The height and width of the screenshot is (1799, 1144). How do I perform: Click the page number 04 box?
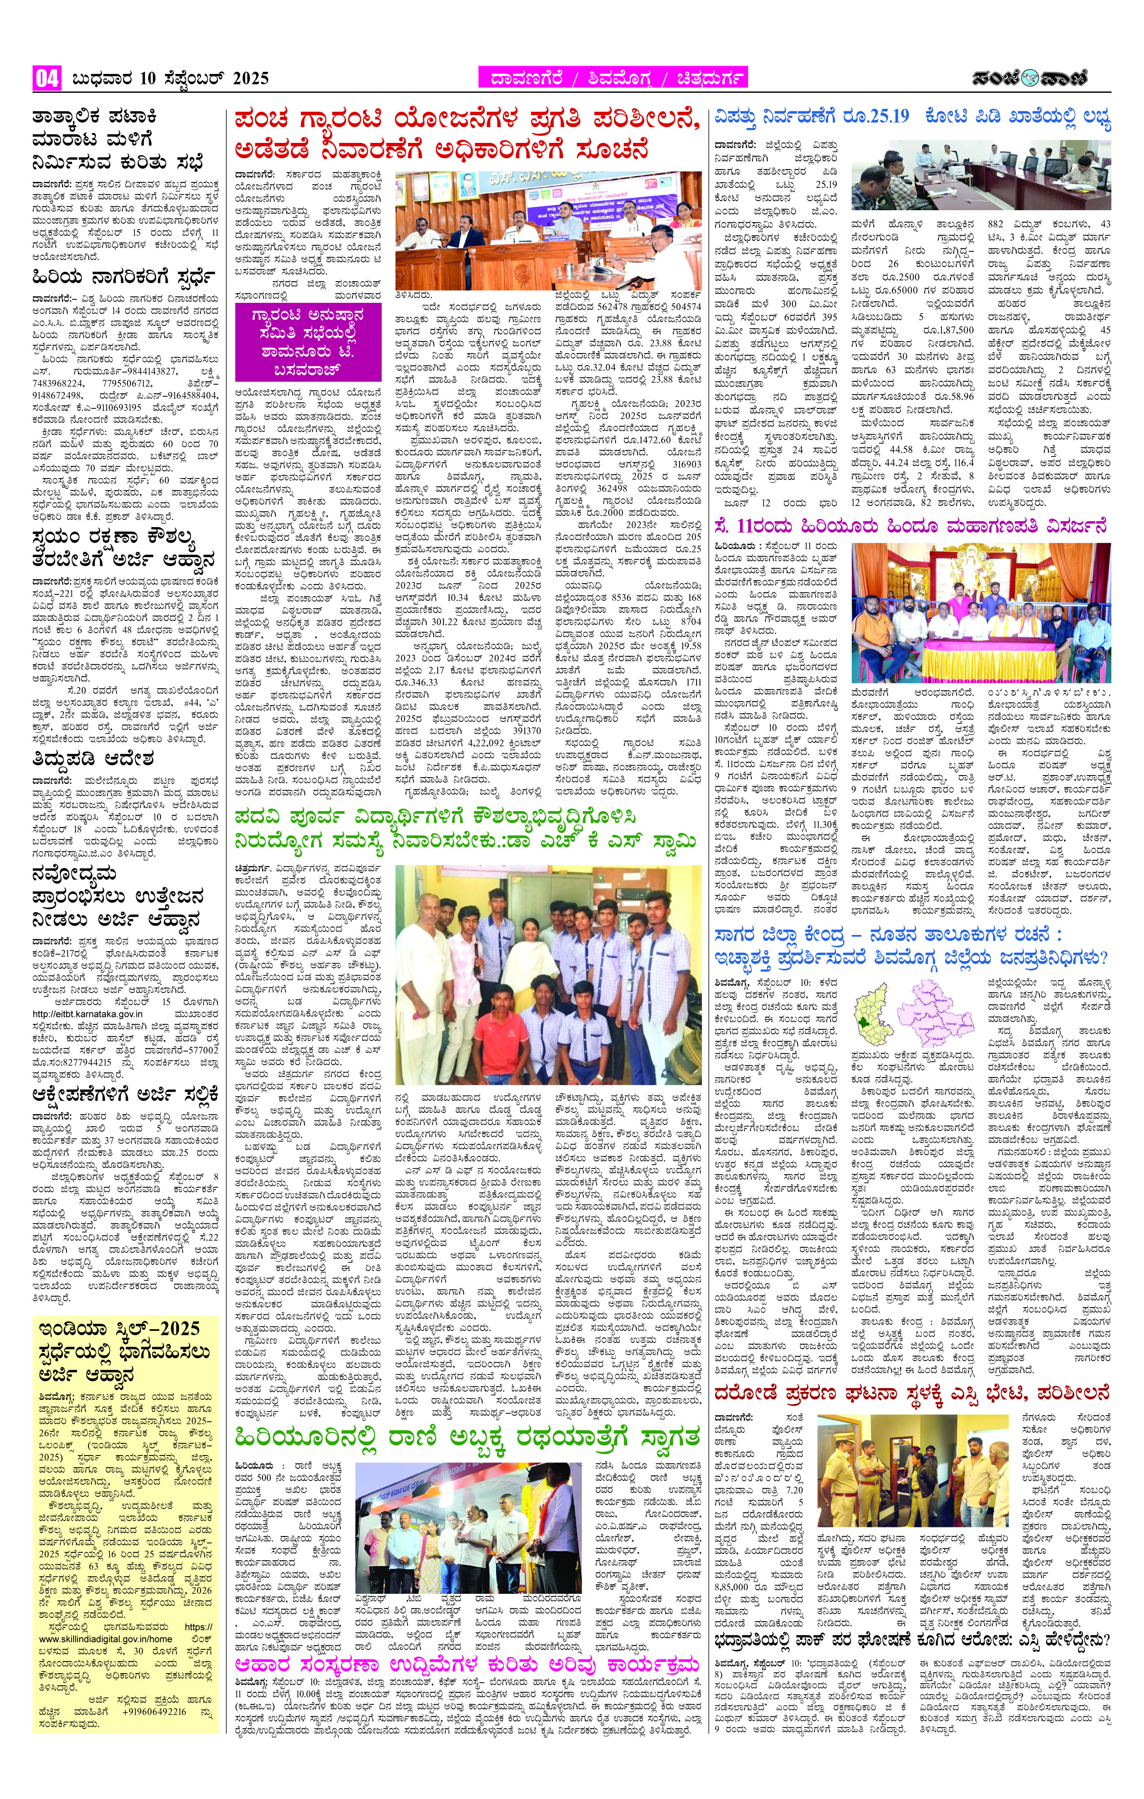point(46,78)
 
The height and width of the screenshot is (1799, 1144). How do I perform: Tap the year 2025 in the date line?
point(250,78)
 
